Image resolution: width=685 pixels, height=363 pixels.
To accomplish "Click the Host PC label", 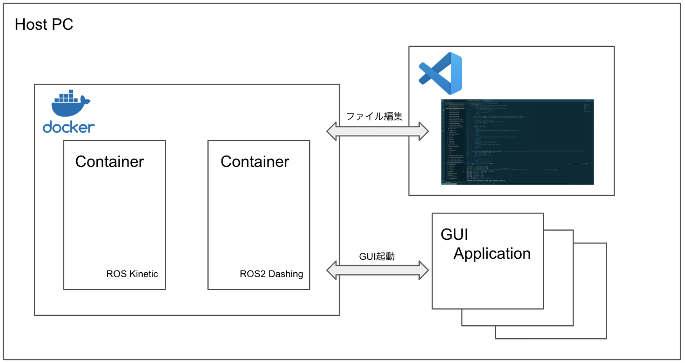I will coord(44,24).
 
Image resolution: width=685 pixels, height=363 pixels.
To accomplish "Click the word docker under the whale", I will coord(69,127).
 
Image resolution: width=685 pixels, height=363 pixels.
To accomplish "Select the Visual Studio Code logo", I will coord(441,73).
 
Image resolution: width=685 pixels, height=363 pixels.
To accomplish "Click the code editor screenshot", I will coord(518,142).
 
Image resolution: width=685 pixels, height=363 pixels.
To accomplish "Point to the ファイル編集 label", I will coord(374,116).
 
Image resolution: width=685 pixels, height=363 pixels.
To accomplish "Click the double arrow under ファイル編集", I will coord(378,131).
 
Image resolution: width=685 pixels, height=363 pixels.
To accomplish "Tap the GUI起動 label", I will coord(377,256).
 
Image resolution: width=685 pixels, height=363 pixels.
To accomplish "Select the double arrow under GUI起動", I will coord(378,270).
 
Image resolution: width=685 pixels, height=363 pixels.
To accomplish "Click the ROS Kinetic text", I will coord(132,274).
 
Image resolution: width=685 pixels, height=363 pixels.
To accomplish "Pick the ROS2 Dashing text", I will coord(271,274).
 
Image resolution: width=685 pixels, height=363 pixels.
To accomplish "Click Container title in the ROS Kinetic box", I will coord(110,162).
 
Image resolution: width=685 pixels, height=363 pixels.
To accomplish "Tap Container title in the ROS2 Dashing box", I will coord(255,162).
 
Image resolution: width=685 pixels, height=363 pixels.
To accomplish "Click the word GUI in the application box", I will coord(454,234).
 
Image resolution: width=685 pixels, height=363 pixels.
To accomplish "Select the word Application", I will coord(492,253).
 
